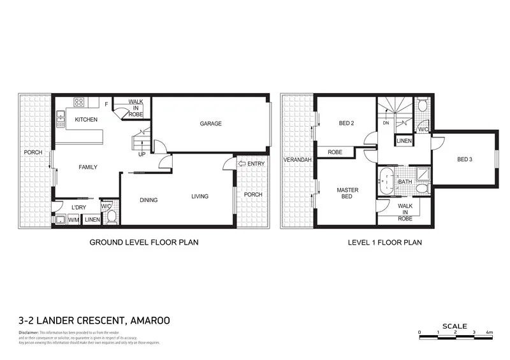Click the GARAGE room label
tap(210, 124)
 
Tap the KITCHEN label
tap(86, 120)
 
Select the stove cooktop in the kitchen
tap(80, 102)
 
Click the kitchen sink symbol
tap(60, 115)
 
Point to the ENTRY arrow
tap(240, 164)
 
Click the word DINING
tap(149, 200)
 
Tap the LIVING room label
tap(200, 196)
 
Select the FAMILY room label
tap(88, 167)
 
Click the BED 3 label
tap(465, 159)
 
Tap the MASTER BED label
tap(347, 193)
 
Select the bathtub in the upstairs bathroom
tap(388, 182)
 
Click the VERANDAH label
tap(298, 160)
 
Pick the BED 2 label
tap(347, 124)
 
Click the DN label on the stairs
tap(386, 123)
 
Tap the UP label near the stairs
tap(142, 154)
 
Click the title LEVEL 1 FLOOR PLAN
tap(384, 243)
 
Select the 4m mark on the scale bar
tap(489, 333)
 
